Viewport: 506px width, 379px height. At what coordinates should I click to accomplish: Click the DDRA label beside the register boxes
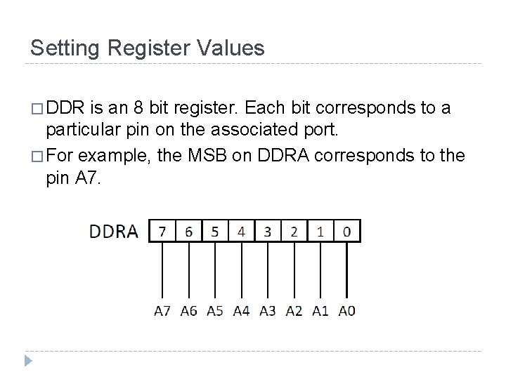point(114,232)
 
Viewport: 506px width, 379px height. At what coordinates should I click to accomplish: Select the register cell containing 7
point(163,231)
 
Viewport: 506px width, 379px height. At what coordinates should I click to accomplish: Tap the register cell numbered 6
point(188,231)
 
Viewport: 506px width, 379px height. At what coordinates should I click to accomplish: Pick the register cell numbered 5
point(214,231)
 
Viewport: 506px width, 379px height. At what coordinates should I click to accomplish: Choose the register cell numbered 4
point(241,231)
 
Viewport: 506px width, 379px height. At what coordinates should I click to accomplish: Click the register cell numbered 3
point(268,231)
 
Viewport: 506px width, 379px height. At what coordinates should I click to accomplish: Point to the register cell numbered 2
point(294,231)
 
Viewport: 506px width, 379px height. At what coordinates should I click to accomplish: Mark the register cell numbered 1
point(320,231)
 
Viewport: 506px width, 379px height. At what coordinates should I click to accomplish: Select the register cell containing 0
point(346,231)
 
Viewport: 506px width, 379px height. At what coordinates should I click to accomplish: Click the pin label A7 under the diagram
point(162,311)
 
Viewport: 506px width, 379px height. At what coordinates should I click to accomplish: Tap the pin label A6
point(188,311)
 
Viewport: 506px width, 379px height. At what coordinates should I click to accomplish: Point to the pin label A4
point(241,311)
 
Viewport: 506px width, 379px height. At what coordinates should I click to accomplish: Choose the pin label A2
point(294,311)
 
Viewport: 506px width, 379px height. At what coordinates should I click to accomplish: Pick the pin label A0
point(346,311)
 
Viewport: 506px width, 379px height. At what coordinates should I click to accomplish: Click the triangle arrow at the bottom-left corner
point(29,361)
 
